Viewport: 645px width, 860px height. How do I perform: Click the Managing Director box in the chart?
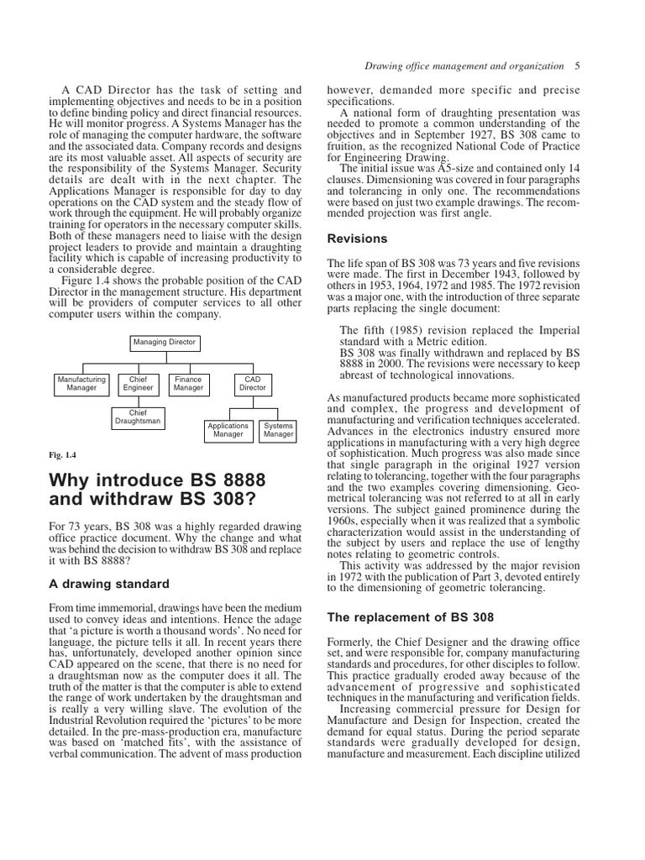click(164, 343)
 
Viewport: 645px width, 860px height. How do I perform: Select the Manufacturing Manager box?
click(81, 384)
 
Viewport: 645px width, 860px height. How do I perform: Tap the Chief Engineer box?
click(138, 384)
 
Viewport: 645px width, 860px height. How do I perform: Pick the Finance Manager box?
click(188, 384)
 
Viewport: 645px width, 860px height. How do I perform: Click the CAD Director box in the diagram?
click(253, 384)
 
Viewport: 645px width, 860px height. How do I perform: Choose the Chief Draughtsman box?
click(138, 417)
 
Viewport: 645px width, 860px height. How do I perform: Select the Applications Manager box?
click(228, 430)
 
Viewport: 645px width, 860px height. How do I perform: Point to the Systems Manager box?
click(278, 430)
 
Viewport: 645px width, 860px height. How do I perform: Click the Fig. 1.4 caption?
click(62, 455)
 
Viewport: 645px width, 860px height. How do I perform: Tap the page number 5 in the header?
click(578, 65)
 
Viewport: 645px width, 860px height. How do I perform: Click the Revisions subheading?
click(357, 239)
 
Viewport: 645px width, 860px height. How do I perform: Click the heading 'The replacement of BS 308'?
click(410, 617)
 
